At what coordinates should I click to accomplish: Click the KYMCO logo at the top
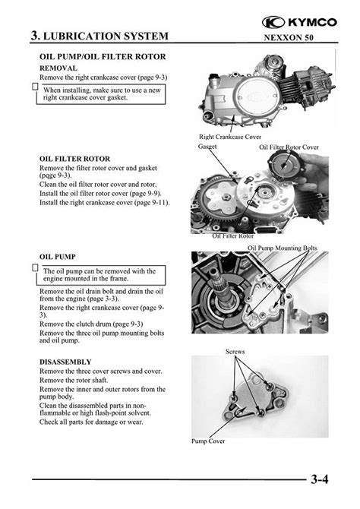(x=299, y=22)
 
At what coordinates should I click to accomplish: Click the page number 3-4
(x=320, y=479)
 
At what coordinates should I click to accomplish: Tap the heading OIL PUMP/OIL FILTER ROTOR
(x=103, y=57)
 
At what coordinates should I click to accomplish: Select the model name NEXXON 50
(x=289, y=37)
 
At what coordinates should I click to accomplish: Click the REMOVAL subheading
(x=58, y=68)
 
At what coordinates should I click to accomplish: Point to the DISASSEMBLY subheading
(x=65, y=362)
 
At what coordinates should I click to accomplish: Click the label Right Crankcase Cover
(x=230, y=137)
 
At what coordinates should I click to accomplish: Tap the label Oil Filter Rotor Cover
(x=289, y=147)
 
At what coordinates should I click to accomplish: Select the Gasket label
(x=207, y=147)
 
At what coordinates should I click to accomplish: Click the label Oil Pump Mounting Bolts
(x=283, y=248)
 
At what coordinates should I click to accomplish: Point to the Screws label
(x=235, y=352)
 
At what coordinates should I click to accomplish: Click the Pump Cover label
(x=208, y=441)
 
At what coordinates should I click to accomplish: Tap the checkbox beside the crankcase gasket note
(x=36, y=87)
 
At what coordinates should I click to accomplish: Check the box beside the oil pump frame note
(x=36, y=268)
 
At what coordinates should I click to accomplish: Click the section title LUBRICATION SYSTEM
(x=106, y=36)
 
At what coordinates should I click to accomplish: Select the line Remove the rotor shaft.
(x=74, y=380)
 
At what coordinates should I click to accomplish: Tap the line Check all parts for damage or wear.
(x=91, y=422)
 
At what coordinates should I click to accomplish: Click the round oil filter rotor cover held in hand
(x=283, y=166)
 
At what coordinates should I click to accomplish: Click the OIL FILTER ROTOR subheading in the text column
(x=74, y=159)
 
